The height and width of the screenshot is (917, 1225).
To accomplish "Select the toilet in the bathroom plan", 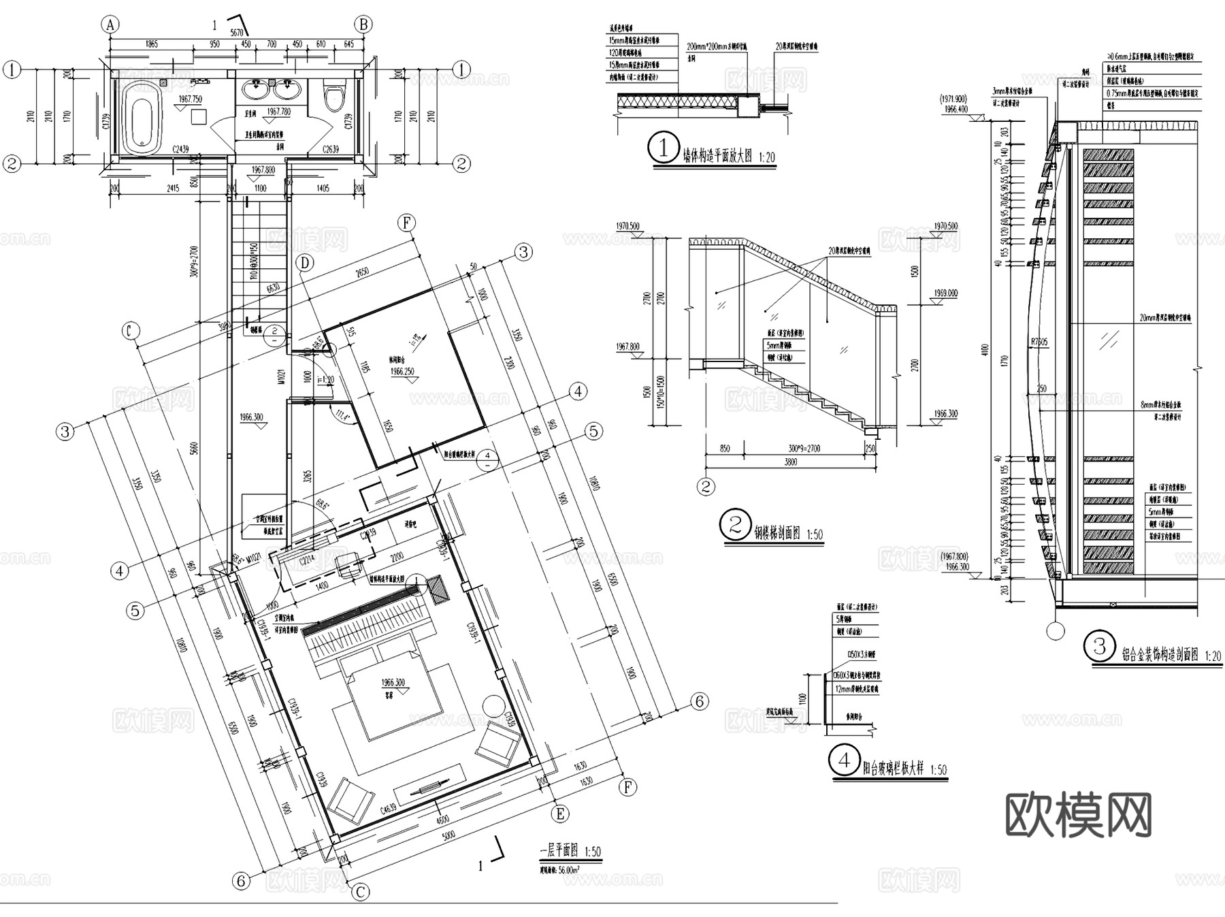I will (x=334, y=97).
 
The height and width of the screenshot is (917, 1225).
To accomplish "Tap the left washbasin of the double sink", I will (x=257, y=87).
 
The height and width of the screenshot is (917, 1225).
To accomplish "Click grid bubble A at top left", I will (x=110, y=25).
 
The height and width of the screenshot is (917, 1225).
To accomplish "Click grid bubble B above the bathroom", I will (x=364, y=25).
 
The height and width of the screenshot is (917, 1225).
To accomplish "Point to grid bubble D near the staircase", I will (x=305, y=262).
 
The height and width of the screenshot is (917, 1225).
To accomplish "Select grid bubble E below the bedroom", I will (x=560, y=814).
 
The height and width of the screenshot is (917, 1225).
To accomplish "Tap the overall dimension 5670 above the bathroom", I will (x=236, y=33).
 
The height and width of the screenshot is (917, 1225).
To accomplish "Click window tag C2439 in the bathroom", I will (x=181, y=148).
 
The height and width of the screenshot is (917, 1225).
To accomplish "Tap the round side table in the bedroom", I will (x=491, y=705).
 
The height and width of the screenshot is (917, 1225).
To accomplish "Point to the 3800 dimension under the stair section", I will (x=790, y=462).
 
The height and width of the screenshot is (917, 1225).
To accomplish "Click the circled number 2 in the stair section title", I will (x=735, y=525).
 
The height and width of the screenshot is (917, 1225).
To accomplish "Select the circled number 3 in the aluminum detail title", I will (x=1100, y=646).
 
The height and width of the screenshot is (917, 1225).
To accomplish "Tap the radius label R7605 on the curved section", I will (x=1039, y=342).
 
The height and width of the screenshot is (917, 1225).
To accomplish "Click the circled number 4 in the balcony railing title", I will (x=845, y=760).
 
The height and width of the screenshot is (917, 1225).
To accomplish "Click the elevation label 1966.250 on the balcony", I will (x=402, y=372).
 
